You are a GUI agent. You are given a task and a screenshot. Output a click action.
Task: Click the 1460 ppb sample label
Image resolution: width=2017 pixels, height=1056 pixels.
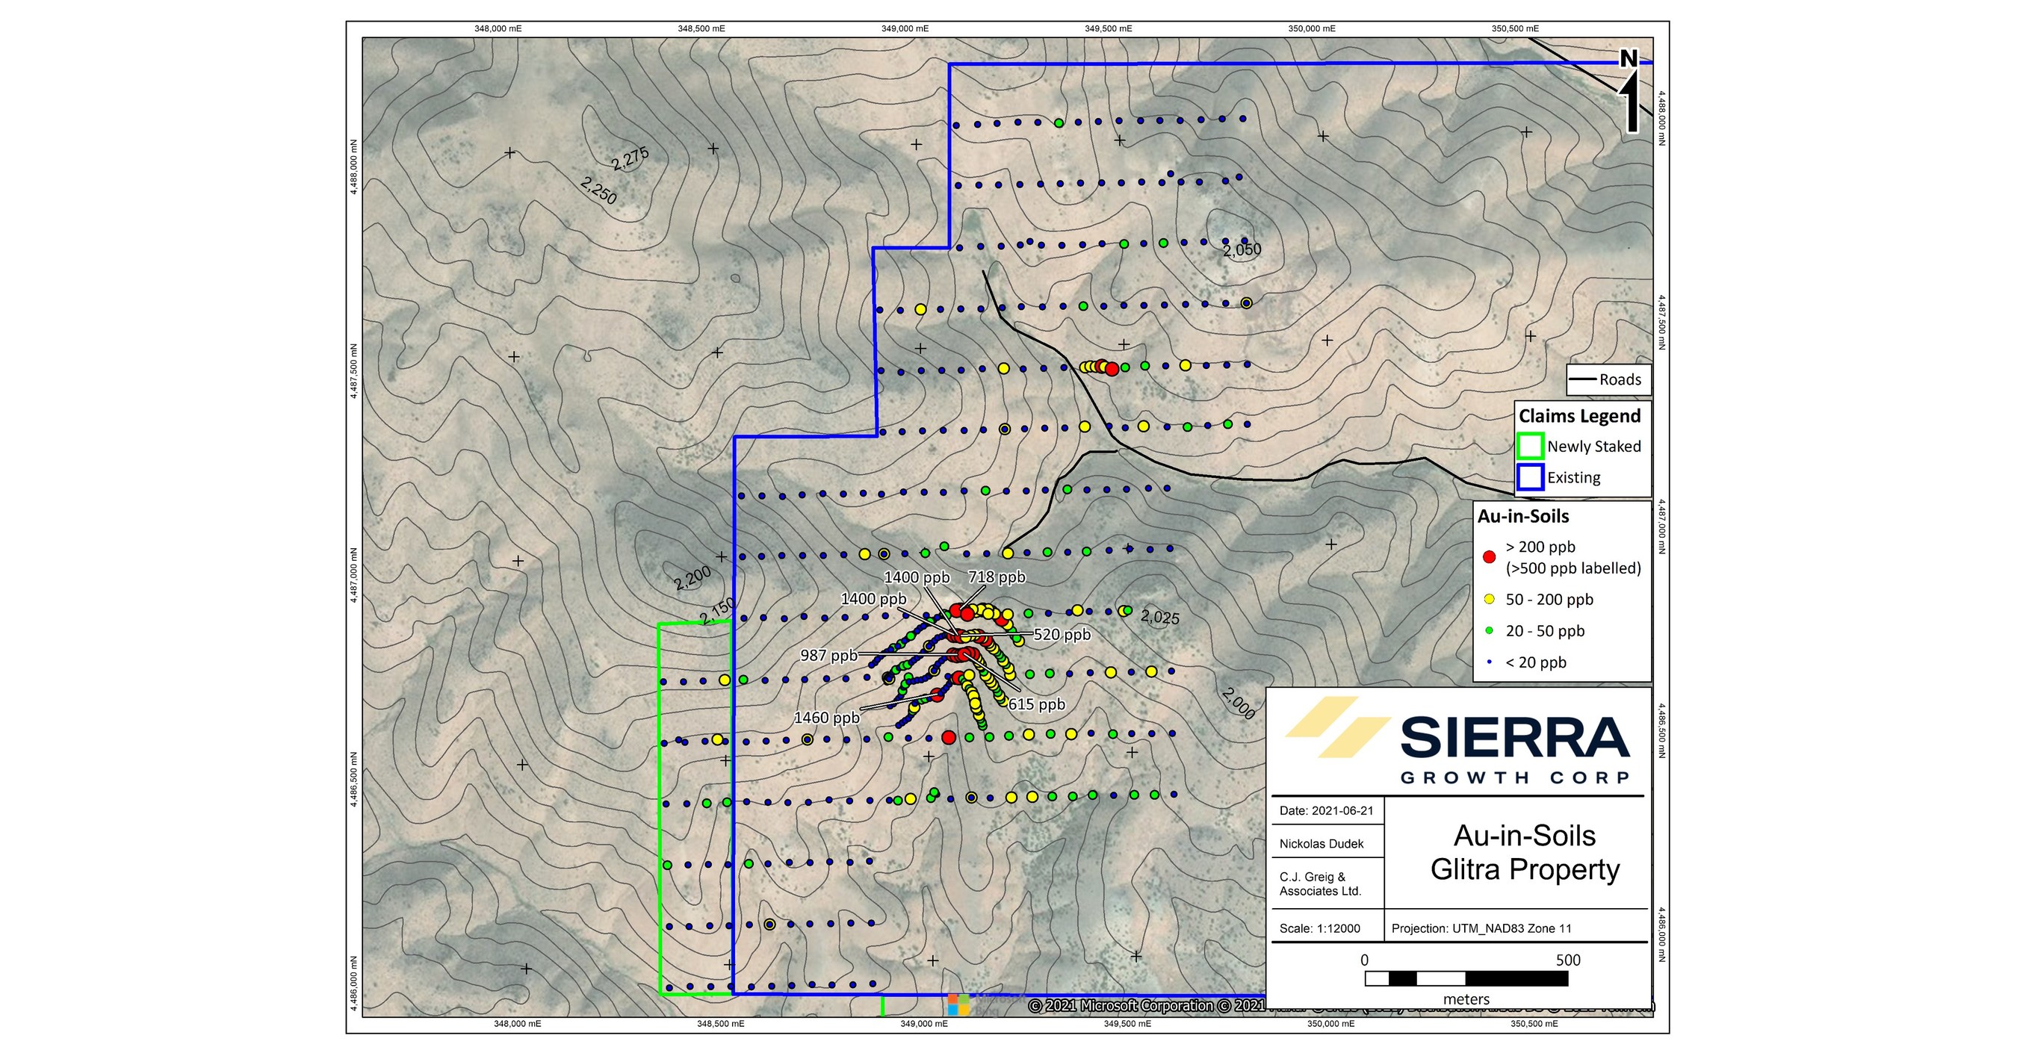coord(826,718)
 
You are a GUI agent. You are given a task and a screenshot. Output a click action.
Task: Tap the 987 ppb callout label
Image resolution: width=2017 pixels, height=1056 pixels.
coord(828,655)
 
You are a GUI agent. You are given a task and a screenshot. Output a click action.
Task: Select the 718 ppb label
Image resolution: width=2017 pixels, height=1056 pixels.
coord(997,578)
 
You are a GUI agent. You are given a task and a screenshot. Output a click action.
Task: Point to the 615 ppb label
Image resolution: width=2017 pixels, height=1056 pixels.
coord(1037,704)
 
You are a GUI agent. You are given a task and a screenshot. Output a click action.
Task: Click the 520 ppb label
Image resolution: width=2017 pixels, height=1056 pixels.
coord(1062,634)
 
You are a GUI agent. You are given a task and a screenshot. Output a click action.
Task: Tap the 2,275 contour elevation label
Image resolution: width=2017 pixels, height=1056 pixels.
coord(630,159)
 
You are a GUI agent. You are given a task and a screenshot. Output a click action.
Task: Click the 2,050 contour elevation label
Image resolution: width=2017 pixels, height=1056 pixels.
coord(1242,249)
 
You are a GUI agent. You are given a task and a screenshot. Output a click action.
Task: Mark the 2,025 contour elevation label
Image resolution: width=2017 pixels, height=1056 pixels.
coord(1159,617)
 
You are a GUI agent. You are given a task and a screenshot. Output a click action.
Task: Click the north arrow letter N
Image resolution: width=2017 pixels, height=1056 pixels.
coord(1629,60)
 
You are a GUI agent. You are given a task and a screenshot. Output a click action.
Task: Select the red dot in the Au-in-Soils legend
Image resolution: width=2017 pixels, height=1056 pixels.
coord(1490,556)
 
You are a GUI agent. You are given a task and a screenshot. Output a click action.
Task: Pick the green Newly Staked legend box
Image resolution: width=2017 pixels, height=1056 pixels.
coord(1530,446)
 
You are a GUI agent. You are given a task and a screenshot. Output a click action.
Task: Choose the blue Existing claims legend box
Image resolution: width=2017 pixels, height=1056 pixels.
coord(1530,477)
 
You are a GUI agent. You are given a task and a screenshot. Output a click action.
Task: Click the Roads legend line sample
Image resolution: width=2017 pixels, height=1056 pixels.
coord(1582,379)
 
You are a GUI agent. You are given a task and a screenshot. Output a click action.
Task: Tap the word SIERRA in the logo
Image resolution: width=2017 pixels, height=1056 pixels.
coord(1514,738)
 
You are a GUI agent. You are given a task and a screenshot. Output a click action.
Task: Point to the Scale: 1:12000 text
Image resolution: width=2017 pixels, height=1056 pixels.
coord(1319,928)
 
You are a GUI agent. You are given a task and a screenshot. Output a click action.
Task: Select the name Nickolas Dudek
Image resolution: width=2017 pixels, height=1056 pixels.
coord(1321,844)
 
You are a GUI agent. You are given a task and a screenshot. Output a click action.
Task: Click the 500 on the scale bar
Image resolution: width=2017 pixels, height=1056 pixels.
coord(1567,960)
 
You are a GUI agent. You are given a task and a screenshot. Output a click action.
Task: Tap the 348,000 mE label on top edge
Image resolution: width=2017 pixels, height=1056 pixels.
coord(498,29)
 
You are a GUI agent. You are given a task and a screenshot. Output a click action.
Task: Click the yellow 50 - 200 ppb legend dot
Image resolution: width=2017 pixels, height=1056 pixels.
coord(1490,600)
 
